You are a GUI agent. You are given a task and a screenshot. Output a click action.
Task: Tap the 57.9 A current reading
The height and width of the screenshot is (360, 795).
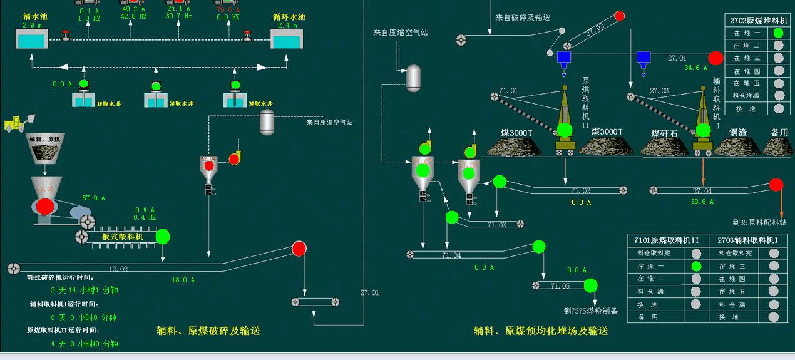pyautogui.click(x=94, y=198)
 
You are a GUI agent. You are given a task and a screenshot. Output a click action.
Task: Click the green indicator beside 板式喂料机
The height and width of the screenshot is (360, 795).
pyautogui.click(x=163, y=237)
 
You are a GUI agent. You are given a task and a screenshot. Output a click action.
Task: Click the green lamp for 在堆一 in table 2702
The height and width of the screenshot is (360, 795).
pyautogui.click(x=778, y=33)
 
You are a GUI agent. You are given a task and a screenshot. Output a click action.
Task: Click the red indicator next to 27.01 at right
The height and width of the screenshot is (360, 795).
pyautogui.click(x=715, y=58)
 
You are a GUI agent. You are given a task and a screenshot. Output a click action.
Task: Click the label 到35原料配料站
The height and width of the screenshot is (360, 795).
pyautogui.click(x=759, y=222)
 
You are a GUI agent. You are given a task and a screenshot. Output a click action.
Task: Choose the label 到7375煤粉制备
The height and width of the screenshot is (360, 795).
pyautogui.click(x=590, y=311)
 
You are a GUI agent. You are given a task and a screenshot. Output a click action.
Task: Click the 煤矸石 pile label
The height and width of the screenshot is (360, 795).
pyautogui.click(x=664, y=133)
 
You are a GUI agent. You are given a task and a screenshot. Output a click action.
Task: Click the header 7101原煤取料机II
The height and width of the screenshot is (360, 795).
pyautogui.click(x=666, y=240)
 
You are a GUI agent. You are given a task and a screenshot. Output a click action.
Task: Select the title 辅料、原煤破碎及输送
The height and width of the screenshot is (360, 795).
pyautogui.click(x=208, y=331)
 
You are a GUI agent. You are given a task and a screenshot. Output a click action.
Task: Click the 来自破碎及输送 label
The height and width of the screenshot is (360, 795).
pyautogui.click(x=522, y=18)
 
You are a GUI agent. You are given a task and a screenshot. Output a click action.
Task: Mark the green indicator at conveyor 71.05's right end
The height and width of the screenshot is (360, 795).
pyautogui.click(x=590, y=285)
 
